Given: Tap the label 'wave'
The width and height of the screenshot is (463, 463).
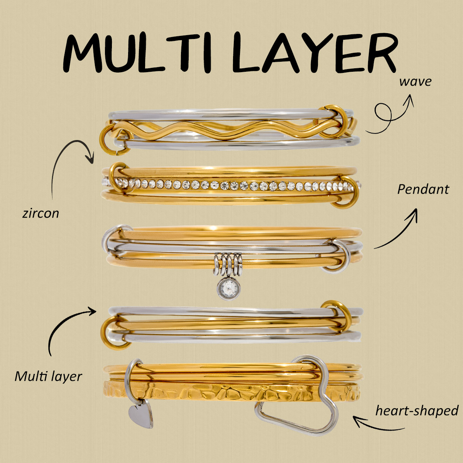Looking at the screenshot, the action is pos(415,82).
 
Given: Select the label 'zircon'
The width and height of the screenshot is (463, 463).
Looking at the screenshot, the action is pos(41,213).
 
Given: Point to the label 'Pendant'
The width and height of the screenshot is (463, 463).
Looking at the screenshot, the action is pos(423,189).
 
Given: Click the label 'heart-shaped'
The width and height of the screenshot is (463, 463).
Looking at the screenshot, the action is pos(417,411).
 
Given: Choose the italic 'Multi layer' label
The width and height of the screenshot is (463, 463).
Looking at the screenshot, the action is pos(48,376).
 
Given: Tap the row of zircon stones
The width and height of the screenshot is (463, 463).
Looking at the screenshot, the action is pos(231,186).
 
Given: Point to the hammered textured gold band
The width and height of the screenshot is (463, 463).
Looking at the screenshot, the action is pos(231,392).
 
